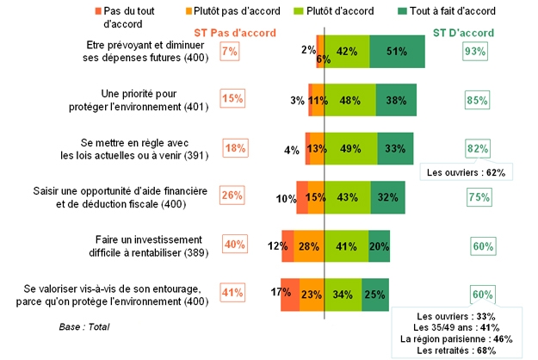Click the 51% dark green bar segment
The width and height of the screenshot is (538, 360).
[398, 51]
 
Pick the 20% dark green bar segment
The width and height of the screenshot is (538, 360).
[379, 245]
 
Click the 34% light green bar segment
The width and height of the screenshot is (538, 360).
[343, 294]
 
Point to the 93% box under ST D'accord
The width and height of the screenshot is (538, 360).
[473, 52]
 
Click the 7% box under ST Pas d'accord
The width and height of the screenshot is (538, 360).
[229, 52]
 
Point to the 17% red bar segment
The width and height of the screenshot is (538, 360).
[289, 294]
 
